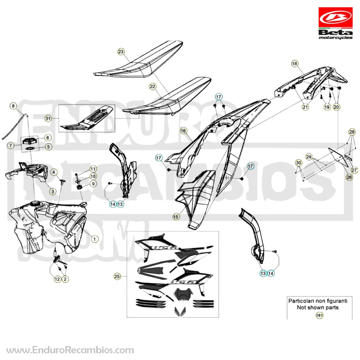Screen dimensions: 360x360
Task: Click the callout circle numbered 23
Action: pos(121,52)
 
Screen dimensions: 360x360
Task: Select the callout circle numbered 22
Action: pos(153,86)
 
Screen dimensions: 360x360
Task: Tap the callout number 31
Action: pos(48,118)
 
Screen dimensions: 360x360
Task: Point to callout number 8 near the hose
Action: pos(13,106)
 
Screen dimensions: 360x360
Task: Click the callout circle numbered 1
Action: pos(94,239)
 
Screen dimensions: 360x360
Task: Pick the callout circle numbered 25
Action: pos(117,276)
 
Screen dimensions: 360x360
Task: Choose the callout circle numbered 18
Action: pos(295,63)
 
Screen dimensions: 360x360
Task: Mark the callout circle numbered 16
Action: pos(183,131)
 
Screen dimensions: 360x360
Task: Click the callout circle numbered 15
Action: pos(176,216)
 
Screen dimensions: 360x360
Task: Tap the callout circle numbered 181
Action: pos(319,315)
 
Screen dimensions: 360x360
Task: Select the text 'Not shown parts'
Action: pos(318,307)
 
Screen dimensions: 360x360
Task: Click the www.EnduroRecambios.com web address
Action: pos(70,350)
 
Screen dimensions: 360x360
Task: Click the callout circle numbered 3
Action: pos(53,191)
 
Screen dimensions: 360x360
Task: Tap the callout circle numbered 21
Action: pos(305,107)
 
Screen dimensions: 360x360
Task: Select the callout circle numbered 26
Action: pos(349,177)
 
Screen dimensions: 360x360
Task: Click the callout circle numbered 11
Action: pos(93,169)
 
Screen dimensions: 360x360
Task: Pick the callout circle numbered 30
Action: pos(298,163)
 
